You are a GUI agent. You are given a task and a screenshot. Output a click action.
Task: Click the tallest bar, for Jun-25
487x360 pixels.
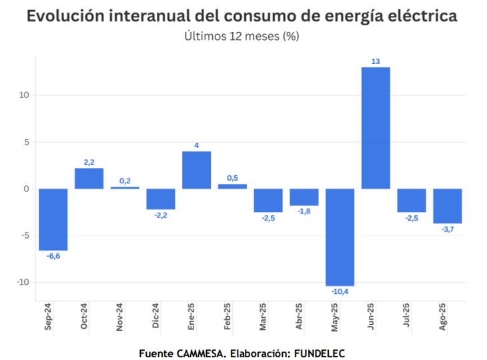(x=376, y=128)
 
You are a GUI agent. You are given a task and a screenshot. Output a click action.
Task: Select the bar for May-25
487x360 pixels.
(x=340, y=237)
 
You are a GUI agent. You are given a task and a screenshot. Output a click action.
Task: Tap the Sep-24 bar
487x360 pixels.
(x=53, y=219)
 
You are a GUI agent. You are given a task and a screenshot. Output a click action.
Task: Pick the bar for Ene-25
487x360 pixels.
(x=197, y=170)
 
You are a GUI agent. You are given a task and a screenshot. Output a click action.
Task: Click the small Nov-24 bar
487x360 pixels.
(x=125, y=187)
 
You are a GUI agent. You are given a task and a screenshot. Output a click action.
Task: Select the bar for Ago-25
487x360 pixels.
(x=447, y=206)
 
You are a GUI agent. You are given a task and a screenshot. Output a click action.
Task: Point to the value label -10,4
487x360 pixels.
(x=340, y=291)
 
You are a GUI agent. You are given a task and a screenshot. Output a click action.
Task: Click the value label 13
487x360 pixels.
(x=376, y=61)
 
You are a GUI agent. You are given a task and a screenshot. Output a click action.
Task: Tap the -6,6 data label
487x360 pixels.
(x=53, y=256)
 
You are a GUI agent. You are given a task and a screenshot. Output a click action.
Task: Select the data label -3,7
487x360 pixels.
(x=448, y=229)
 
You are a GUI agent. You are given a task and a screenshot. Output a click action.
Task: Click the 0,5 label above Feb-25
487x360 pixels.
(x=233, y=178)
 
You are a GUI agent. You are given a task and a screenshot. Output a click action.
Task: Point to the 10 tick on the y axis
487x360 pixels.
(x=24, y=95)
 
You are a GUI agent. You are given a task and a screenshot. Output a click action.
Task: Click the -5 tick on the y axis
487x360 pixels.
(x=24, y=235)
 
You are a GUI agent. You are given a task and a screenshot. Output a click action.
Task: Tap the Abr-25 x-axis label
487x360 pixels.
(x=299, y=317)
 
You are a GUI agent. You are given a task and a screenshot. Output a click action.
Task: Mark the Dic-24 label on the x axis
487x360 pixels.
(x=155, y=317)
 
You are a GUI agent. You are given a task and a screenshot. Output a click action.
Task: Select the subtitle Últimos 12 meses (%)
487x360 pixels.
(x=241, y=36)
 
